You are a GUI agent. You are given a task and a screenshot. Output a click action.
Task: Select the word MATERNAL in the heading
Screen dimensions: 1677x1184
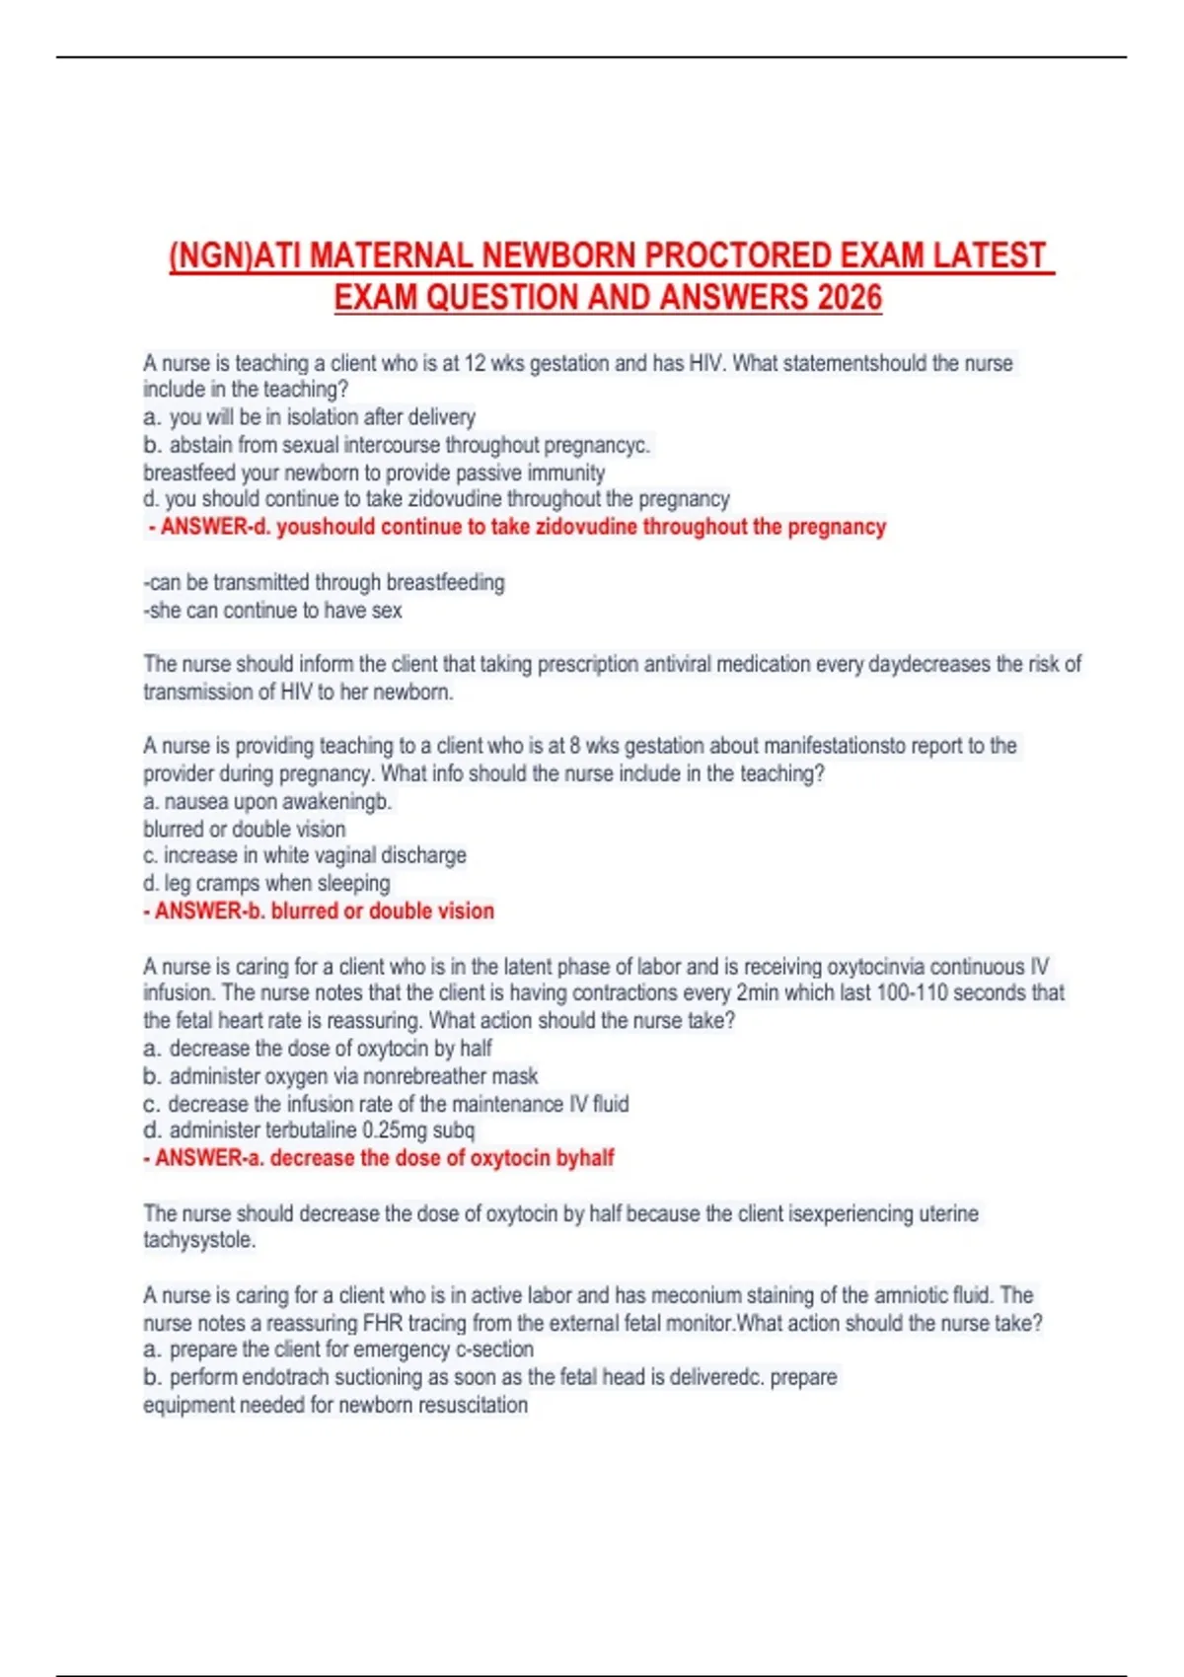click(x=390, y=255)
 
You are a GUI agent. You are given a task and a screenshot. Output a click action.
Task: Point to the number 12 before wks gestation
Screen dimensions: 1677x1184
click(x=475, y=363)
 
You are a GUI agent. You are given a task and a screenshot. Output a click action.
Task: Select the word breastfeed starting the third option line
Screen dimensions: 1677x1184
click(x=189, y=473)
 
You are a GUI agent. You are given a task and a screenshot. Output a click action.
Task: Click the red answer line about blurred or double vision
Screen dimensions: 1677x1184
click(x=319, y=911)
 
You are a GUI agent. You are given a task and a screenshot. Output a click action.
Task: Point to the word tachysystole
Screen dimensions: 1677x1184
click(x=198, y=1240)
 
